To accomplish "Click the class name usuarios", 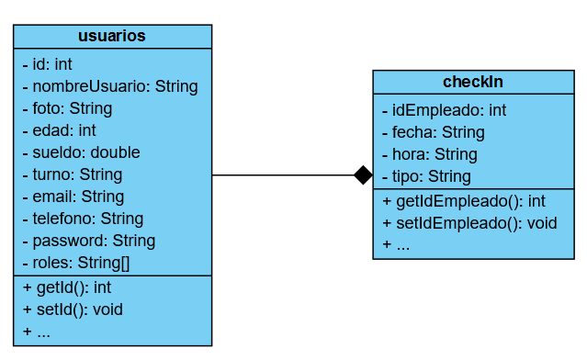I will coord(112,36).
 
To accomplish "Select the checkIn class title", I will coord(473,82).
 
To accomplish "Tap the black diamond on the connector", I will coord(364,174).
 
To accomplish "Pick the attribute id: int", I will coord(48,64).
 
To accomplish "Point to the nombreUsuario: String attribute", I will coord(110,86).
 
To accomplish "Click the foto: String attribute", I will coord(67,108).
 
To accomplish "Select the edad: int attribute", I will coord(59,130).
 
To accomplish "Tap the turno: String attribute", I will coord(72,174).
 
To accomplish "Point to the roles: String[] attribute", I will coord(75,263).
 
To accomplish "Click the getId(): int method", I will coord(66,287).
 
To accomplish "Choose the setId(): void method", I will coord(72,309).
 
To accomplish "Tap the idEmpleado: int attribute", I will coord(444,110).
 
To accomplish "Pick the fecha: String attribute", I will coord(433,132).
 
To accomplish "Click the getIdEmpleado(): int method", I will coord(464,200).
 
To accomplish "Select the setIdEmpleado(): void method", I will coord(469,222).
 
